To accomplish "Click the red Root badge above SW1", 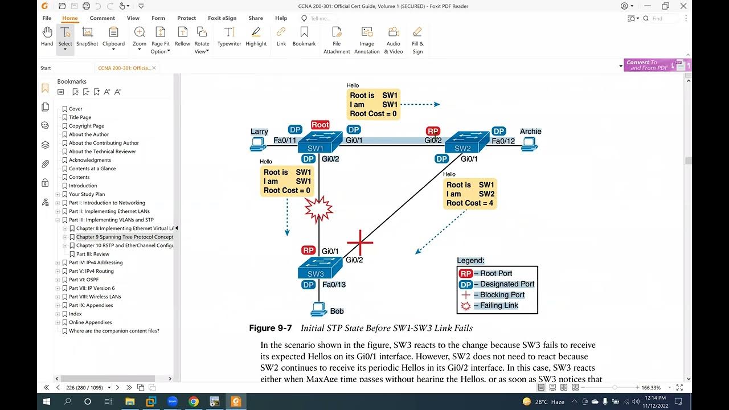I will [320, 125].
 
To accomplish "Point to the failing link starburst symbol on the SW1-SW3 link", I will [318, 210].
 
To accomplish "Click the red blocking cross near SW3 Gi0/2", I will [360, 243].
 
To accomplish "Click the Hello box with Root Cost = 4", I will [470, 194].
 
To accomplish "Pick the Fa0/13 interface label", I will [334, 285].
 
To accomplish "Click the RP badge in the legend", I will [465, 273].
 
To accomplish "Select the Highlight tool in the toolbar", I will [256, 36].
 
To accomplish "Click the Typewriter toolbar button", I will [229, 36].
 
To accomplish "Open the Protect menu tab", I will [186, 18].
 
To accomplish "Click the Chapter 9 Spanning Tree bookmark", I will [124, 237].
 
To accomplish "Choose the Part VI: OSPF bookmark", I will [84, 280].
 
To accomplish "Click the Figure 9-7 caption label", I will [270, 328].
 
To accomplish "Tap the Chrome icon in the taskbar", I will [193, 401].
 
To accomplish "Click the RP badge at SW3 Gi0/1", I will [308, 251].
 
